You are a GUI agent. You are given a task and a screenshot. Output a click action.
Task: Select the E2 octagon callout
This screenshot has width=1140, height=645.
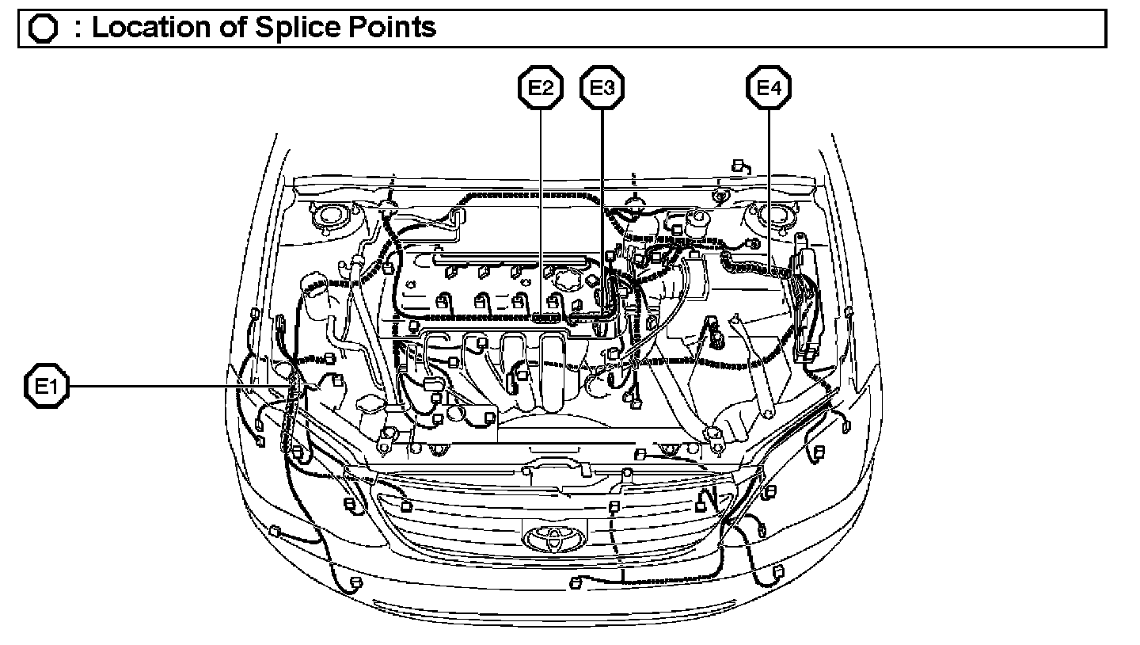(541, 89)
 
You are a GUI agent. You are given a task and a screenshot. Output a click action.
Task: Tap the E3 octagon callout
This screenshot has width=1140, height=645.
(602, 89)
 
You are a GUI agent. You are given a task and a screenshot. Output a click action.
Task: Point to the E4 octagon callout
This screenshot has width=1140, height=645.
(769, 89)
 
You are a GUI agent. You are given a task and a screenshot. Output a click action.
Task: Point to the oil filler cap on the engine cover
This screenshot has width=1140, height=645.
(563, 281)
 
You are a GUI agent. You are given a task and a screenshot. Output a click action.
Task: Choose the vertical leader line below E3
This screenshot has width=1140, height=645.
(602, 206)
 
